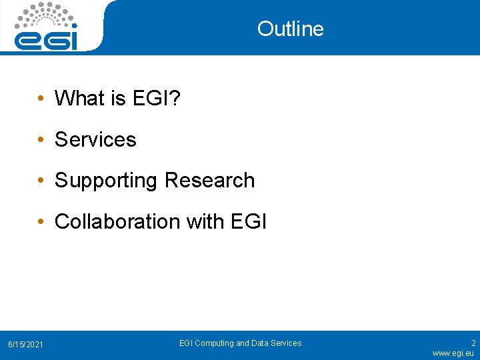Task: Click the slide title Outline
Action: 290,29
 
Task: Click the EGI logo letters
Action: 47,39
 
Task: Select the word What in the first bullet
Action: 81,99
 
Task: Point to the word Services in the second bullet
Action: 95,140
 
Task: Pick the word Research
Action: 209,181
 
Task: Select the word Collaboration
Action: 116,221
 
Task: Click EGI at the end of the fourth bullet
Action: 247,221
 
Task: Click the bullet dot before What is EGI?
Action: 41,99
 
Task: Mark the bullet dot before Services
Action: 41,141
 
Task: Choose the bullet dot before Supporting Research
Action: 41,181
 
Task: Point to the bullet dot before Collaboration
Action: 41,222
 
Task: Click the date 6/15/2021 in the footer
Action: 25,344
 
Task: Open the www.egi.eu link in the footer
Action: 453,353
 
